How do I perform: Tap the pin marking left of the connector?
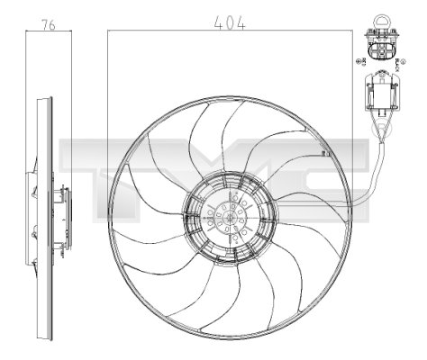click(x=361, y=60)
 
